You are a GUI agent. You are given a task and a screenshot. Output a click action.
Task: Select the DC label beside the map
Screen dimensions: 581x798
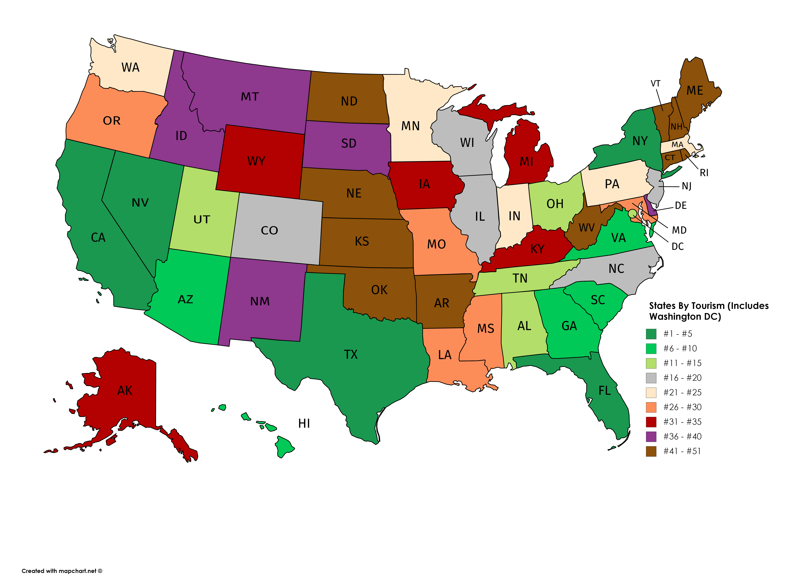pos(677,247)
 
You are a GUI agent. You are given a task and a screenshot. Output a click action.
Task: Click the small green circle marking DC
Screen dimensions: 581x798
pos(632,213)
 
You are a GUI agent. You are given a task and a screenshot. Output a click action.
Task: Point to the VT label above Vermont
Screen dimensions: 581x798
pos(655,84)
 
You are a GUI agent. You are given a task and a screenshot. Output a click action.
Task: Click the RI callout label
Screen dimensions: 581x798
pos(704,173)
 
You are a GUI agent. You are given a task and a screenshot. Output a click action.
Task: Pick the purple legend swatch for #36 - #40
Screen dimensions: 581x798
pos(651,437)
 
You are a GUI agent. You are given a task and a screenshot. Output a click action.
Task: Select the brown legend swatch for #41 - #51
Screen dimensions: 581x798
pos(651,451)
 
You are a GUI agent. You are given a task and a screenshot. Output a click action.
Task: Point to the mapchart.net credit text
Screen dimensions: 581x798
pos(62,571)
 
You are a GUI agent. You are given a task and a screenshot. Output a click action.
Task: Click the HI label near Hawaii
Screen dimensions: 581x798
pos(304,423)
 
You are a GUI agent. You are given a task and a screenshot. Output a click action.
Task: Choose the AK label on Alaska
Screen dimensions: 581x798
pos(125,391)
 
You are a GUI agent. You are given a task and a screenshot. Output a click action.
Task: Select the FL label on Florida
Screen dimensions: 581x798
pos(604,391)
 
